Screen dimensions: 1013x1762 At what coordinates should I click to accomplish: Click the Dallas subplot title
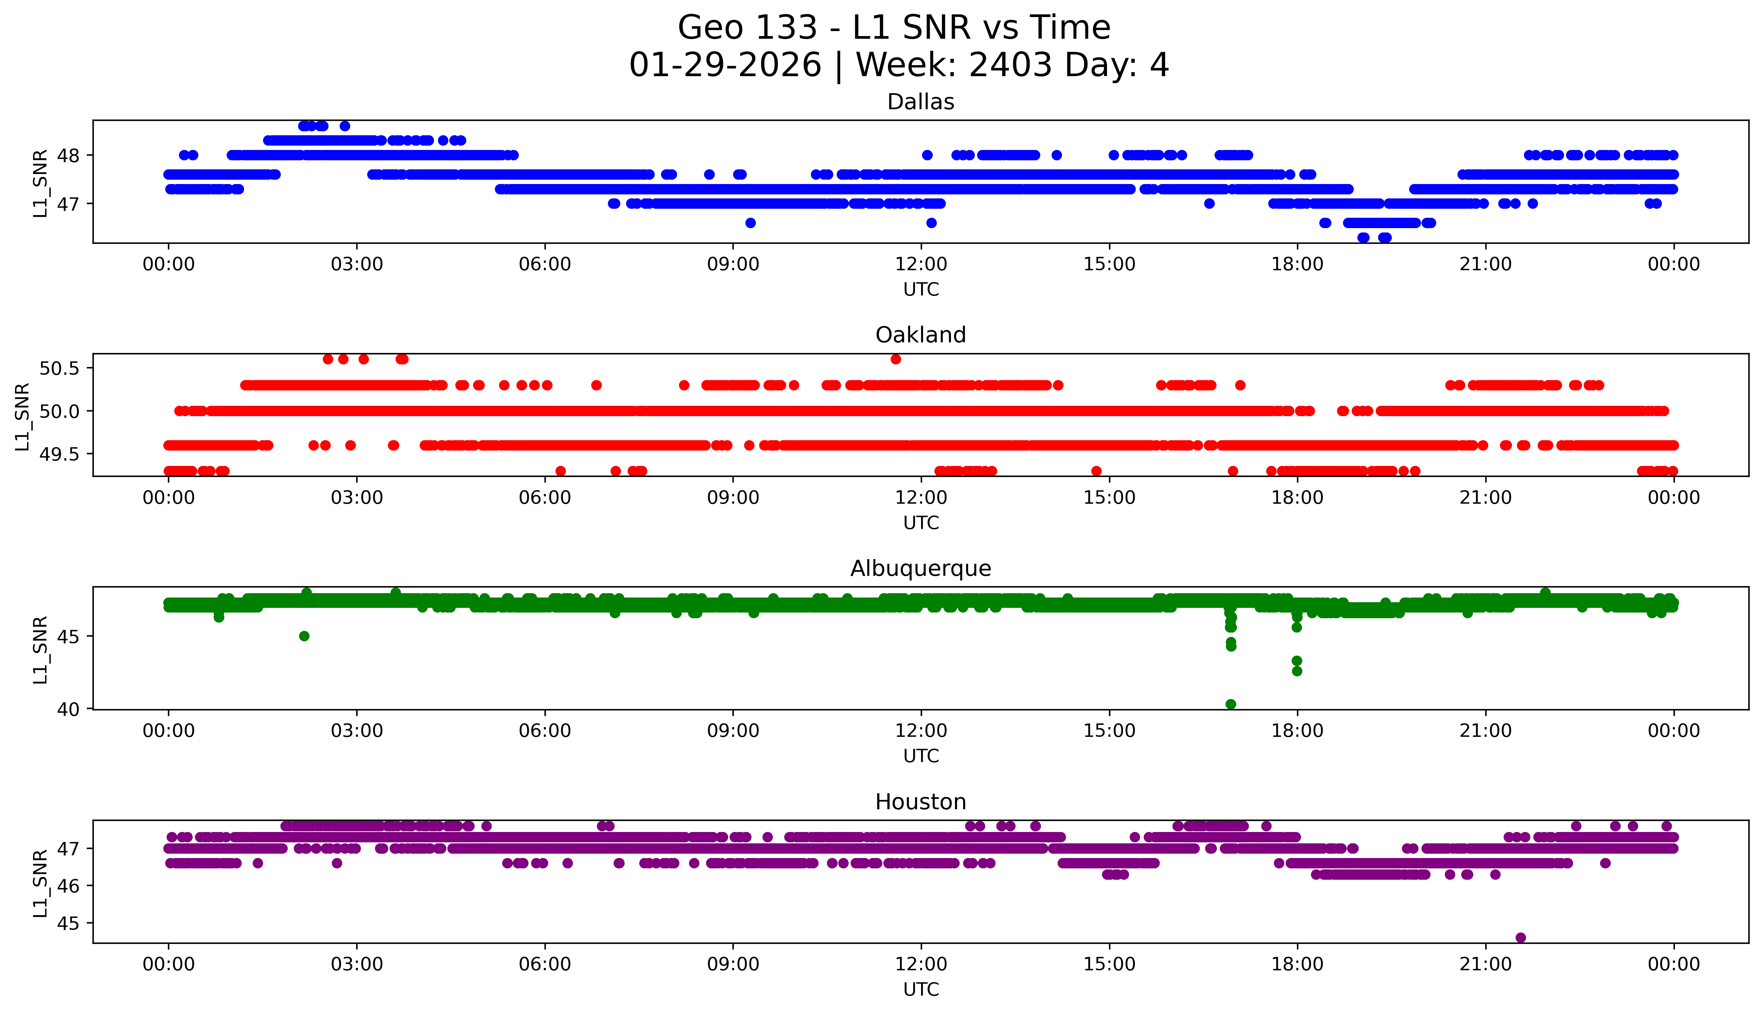[x=921, y=102]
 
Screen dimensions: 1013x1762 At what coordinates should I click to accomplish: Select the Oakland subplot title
[x=921, y=335]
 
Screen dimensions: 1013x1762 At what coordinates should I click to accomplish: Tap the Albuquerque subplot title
[x=921, y=568]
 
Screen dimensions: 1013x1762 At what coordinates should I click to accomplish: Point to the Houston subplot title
[x=921, y=802]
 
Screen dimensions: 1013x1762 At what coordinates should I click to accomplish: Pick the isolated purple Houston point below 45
[x=1521, y=937]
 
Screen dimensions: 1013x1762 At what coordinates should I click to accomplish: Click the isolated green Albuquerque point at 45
[x=304, y=636]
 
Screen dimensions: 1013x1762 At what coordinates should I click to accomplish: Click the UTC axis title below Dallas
[x=921, y=290]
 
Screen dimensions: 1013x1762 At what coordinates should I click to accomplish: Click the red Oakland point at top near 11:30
[x=896, y=359]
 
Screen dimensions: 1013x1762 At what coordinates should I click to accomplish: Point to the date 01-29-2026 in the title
[x=725, y=65]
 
